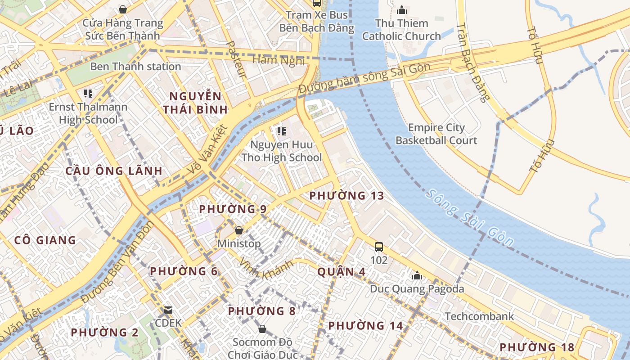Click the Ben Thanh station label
(x=135, y=67)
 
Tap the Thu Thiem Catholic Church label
(x=401, y=30)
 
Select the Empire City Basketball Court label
(x=436, y=134)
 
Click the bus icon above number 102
(x=379, y=247)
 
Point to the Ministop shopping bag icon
(x=239, y=230)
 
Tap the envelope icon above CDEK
(x=168, y=310)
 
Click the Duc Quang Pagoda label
(x=417, y=288)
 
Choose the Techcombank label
(x=479, y=316)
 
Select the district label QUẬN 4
(x=341, y=272)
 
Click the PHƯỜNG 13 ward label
(x=346, y=196)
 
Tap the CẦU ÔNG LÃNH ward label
(x=114, y=171)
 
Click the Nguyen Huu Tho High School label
(x=282, y=151)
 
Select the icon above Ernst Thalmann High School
(x=88, y=94)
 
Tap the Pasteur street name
(x=236, y=59)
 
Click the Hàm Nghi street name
(x=278, y=60)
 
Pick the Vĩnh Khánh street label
(x=266, y=269)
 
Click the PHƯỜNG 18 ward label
(x=537, y=347)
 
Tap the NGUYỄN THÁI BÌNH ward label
(x=195, y=103)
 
